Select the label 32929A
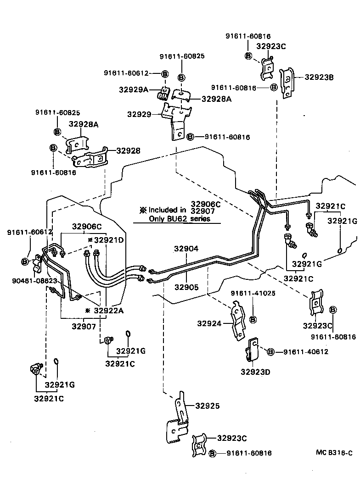tap(133, 90)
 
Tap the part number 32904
tap(186, 249)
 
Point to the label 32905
tap(186, 287)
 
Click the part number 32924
tap(209, 323)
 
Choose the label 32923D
tap(255, 372)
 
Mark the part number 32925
tap(207, 406)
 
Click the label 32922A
tap(108, 311)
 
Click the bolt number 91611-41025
tap(253, 293)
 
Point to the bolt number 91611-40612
tap(305, 352)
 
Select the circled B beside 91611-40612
tap(271, 352)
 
